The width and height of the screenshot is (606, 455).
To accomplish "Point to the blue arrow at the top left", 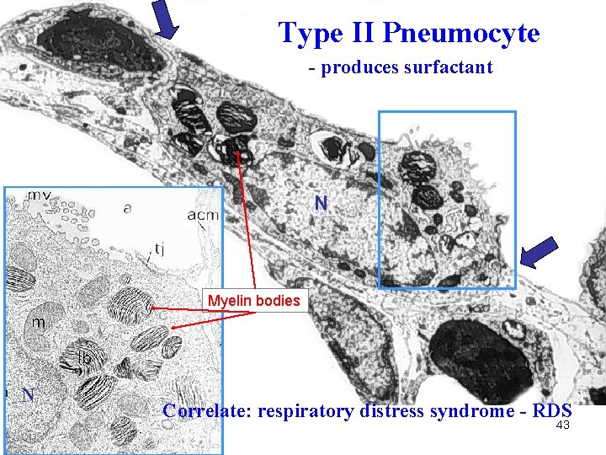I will (167, 19).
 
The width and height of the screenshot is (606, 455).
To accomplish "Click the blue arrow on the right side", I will (538, 254).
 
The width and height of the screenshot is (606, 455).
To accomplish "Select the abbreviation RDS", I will (552, 411).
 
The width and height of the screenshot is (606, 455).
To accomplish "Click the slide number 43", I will (563, 426).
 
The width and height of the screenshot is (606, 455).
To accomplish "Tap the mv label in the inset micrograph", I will (39, 195).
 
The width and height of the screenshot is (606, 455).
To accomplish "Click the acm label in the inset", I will (203, 215).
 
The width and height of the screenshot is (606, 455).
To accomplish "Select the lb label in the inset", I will (85, 357).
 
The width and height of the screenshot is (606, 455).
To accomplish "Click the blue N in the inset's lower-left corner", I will (28, 393).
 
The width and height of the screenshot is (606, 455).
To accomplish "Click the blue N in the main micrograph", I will (321, 202).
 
